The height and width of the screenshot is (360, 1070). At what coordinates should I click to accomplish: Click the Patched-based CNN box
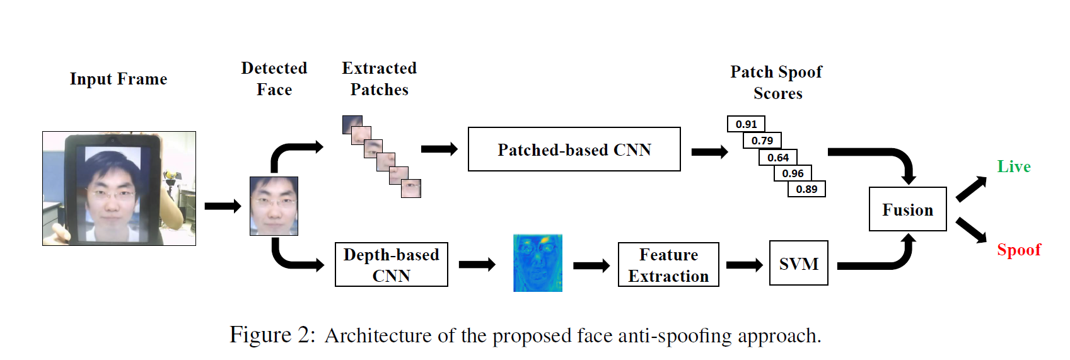click(x=574, y=149)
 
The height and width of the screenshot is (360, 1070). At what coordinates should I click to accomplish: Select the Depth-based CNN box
click(x=391, y=265)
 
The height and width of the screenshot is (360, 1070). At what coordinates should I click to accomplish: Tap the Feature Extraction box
click(x=668, y=265)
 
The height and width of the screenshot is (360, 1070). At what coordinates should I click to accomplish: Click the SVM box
click(x=798, y=264)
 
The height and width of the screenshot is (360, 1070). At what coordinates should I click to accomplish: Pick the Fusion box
click(x=907, y=209)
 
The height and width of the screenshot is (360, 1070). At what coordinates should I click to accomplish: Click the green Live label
click(x=1013, y=166)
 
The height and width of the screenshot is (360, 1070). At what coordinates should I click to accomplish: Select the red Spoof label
click(x=1018, y=250)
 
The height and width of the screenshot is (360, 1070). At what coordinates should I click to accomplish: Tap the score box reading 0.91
click(x=746, y=124)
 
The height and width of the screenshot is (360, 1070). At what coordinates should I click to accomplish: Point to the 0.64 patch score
click(x=778, y=157)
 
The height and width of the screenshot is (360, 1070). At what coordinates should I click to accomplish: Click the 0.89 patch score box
click(x=806, y=189)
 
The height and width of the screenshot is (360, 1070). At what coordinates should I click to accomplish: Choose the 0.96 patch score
click(x=793, y=173)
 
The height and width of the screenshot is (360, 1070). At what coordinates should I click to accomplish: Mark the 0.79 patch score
click(x=762, y=141)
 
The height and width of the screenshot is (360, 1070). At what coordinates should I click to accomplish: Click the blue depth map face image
click(x=537, y=263)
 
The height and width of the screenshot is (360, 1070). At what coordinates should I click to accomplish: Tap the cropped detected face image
click(x=274, y=206)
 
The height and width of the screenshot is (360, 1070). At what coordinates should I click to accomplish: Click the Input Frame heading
click(x=119, y=79)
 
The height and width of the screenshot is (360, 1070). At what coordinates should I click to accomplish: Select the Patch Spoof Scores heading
click(x=776, y=83)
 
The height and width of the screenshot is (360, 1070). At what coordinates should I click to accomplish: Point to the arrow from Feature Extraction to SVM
click(x=744, y=265)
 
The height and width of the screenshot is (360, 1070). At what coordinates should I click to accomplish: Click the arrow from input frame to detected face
click(x=223, y=206)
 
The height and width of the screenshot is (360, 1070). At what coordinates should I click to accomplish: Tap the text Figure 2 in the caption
click(x=272, y=335)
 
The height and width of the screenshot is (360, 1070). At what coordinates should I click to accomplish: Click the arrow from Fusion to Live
click(x=971, y=189)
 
